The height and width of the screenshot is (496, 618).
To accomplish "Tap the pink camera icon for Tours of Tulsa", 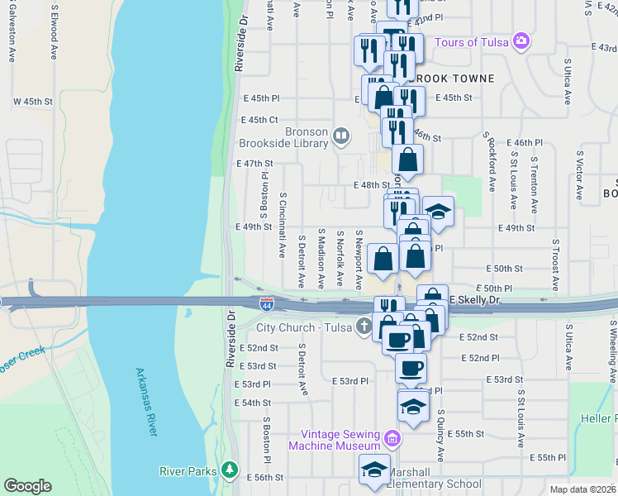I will [521, 41].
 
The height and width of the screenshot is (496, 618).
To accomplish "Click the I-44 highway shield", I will [266, 305].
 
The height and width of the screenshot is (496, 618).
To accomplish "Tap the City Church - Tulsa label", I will [304, 327].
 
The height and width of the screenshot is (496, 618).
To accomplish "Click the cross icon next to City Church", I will [363, 327].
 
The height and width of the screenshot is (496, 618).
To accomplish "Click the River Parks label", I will [188, 472].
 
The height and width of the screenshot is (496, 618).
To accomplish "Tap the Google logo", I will [27, 486].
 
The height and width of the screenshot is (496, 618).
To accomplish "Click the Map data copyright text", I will [582, 489].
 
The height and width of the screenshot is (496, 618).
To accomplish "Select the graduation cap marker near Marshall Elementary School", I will [374, 470].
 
